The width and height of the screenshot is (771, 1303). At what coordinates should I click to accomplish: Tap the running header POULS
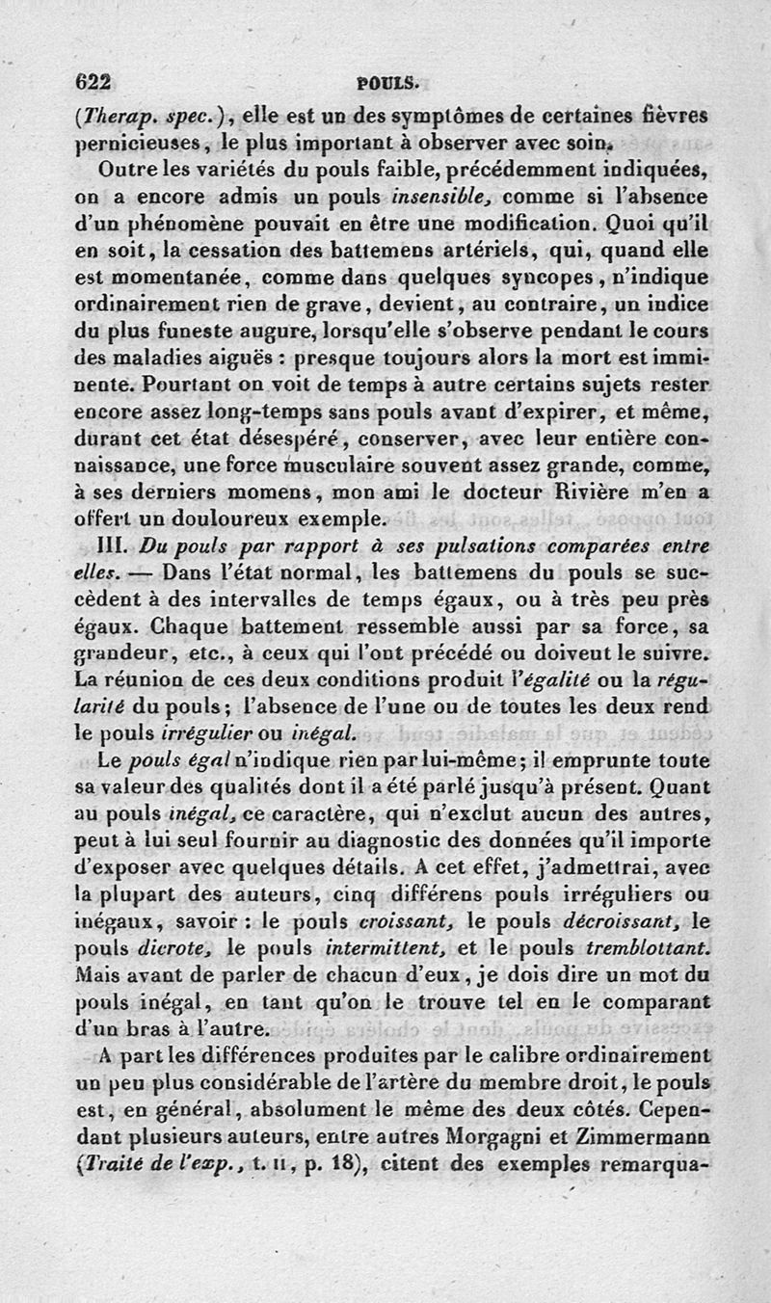click(x=385, y=83)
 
